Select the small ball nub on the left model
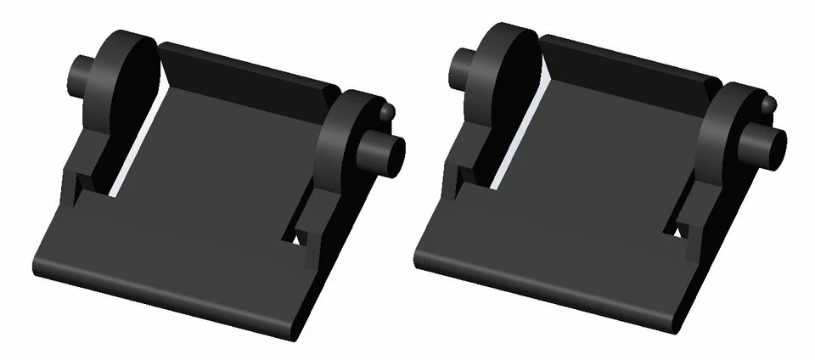pos(388,111)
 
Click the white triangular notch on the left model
pos(297,239)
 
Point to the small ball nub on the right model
pos(769,104)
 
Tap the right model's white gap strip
pos(514,144)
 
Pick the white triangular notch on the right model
pos(679,232)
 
